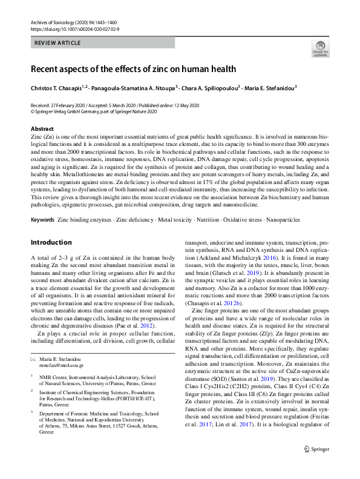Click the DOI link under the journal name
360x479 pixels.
point(74,29)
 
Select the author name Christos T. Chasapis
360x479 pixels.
point(59,87)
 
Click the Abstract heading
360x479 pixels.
point(42,129)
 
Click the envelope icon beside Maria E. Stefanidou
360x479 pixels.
point(33,359)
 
